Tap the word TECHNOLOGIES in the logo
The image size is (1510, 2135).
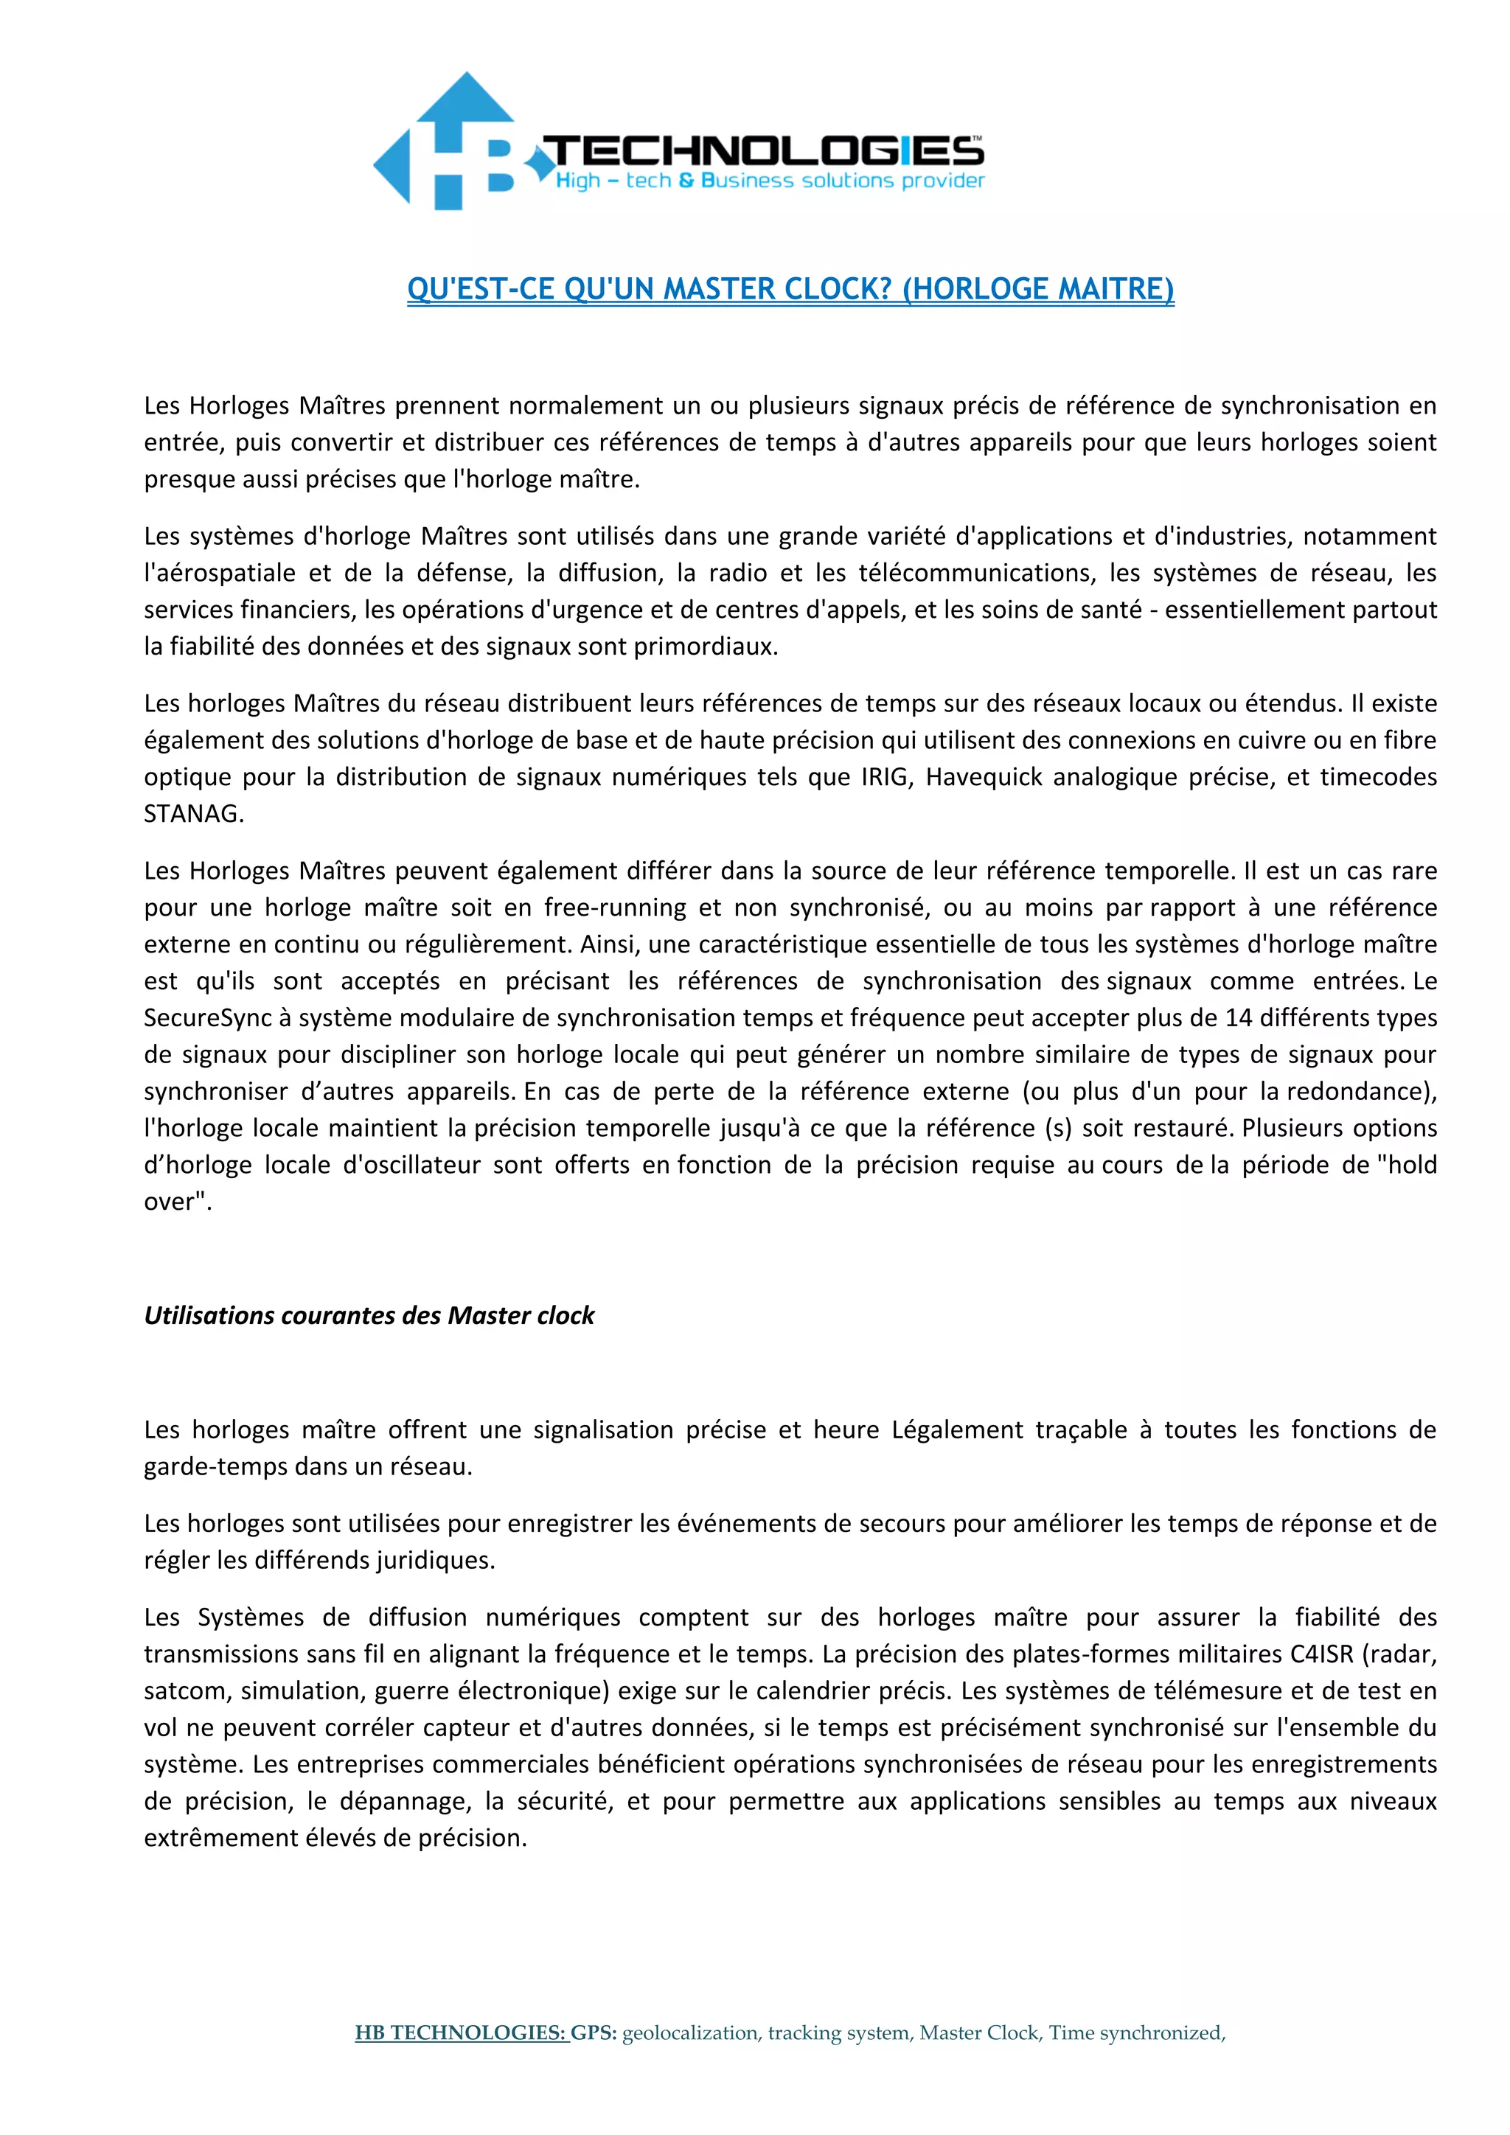coord(762,150)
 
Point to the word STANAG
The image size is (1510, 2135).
coord(193,814)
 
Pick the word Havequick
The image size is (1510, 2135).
coord(984,776)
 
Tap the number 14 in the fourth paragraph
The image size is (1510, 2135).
coord(1239,1017)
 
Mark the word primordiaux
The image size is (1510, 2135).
coord(705,647)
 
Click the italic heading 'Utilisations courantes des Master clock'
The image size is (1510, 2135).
coord(369,1316)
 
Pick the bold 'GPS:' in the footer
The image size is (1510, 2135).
coord(594,2033)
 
